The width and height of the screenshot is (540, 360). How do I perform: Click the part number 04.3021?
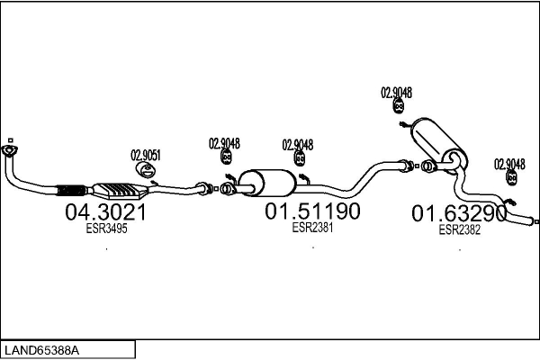[105, 213]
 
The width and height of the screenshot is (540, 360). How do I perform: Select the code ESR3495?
[105, 229]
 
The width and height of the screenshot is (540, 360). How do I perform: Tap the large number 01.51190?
[312, 212]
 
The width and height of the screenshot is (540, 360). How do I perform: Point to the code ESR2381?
[312, 228]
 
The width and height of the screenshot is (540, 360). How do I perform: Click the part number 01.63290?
[459, 214]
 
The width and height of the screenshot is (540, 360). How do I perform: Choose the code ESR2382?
[459, 229]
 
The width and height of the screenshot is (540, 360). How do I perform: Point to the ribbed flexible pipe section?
[71, 189]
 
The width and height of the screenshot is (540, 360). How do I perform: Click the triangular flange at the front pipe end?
[10, 152]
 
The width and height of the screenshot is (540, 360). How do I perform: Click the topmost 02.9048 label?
[397, 92]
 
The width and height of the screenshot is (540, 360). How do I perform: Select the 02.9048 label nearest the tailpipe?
[509, 163]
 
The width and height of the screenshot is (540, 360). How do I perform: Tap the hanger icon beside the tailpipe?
[510, 179]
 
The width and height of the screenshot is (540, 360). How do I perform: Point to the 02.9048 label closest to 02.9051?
[225, 142]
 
